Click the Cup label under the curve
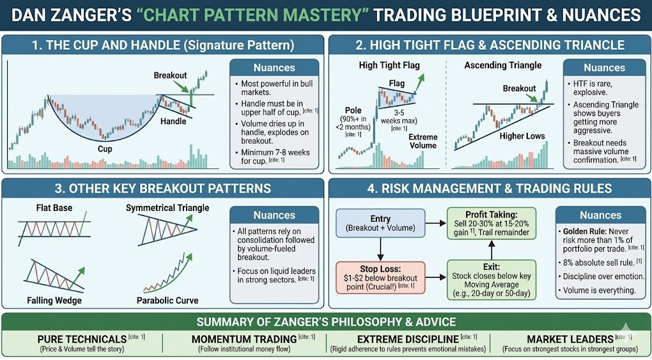tap(105, 148)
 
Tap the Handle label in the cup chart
tap(173, 122)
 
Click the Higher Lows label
tap(522, 136)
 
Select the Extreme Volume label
tap(423, 141)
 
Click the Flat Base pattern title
tap(54, 207)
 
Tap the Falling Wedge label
tap(54, 300)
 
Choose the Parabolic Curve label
tap(167, 300)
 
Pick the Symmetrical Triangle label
tap(167, 207)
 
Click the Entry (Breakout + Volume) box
tap(380, 223)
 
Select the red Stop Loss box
tap(380, 278)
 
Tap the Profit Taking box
tap(491, 224)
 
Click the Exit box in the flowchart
tap(491, 280)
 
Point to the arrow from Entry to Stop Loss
tap(380, 249)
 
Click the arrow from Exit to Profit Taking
tap(491, 250)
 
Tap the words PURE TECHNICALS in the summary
tap(82, 339)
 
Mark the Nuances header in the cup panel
tap(274, 68)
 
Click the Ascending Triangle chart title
tap(503, 65)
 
